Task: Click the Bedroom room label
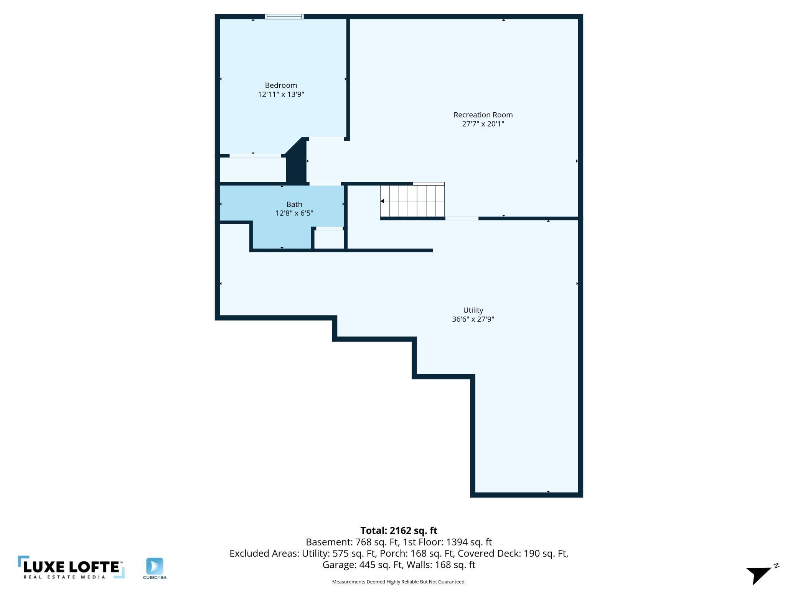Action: pos(281,85)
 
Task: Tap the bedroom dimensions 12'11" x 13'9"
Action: pos(281,94)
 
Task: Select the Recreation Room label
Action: pos(483,115)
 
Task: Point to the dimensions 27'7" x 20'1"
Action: pos(483,124)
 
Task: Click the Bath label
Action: pos(294,204)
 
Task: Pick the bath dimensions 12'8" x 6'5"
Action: pos(294,213)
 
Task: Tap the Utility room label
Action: pos(473,310)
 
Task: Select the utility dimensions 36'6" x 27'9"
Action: pos(473,319)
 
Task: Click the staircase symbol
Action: pos(412,201)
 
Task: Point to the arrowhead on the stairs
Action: pos(383,201)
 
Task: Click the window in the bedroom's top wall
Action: pos(284,16)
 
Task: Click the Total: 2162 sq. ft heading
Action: pos(399,531)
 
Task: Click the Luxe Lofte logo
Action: pos(71,567)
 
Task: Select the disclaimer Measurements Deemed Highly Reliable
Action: pos(399,582)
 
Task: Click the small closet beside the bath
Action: pos(329,239)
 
